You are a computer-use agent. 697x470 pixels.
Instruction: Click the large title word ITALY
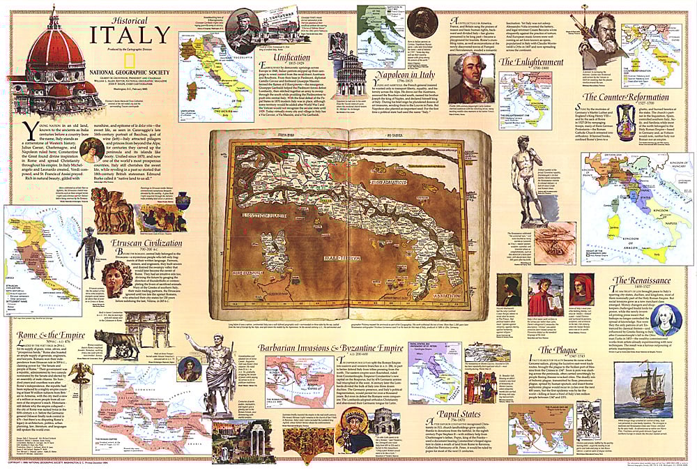[130, 35]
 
